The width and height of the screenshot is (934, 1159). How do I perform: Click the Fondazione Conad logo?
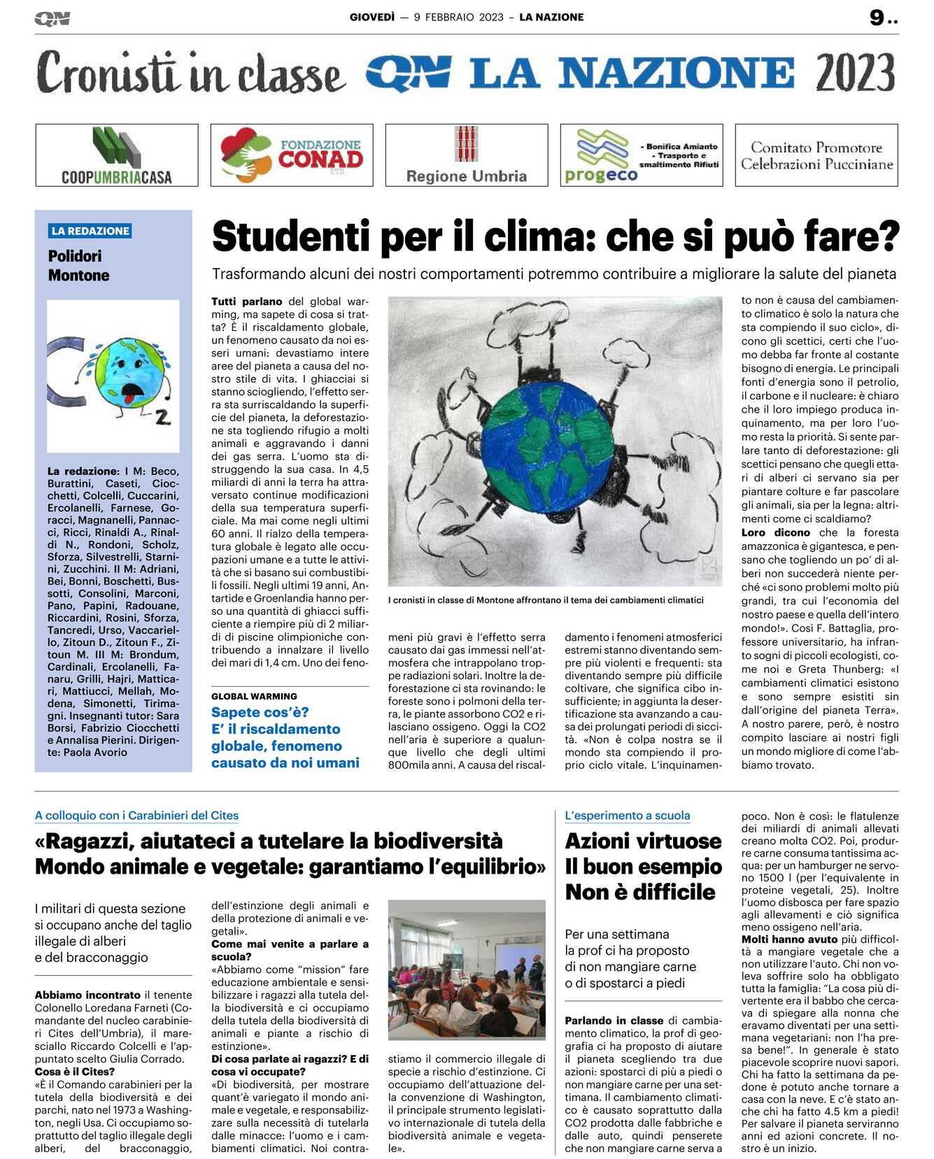(292, 155)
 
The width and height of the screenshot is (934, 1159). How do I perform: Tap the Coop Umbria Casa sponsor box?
(117, 155)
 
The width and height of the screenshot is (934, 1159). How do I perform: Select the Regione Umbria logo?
(467, 155)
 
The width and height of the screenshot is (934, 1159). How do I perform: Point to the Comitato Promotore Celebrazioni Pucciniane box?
(816, 155)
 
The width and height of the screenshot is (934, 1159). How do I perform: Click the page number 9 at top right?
(877, 17)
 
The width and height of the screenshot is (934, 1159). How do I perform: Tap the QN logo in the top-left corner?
(52, 19)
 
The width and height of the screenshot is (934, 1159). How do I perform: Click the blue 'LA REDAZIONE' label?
(90, 231)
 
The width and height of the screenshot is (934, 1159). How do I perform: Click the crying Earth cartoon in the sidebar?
(113, 376)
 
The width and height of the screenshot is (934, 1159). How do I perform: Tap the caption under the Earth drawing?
(546, 600)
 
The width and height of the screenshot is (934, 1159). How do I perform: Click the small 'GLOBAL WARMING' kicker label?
(254, 696)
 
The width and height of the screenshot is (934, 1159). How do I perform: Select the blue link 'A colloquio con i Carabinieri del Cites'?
(136, 816)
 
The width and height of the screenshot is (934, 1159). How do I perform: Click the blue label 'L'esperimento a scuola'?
(627, 816)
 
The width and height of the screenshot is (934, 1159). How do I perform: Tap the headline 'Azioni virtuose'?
(643, 841)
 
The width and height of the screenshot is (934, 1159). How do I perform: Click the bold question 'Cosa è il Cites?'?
(75, 1072)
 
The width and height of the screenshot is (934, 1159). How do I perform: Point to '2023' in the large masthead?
(855, 73)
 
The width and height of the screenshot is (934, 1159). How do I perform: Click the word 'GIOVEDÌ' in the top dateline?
(372, 17)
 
